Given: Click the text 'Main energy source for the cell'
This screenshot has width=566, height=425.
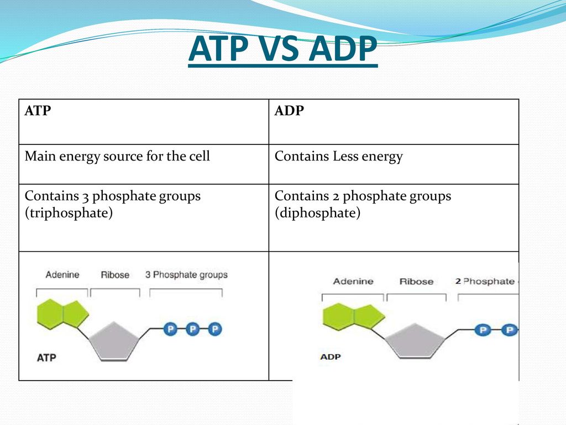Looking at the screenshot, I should point(117,157).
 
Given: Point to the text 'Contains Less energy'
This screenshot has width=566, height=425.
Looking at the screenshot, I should point(338,157).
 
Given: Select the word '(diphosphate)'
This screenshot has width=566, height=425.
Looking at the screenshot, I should point(317,214).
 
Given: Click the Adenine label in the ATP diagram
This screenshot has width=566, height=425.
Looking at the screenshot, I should point(62,274).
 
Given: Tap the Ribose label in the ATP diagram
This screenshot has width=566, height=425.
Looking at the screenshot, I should point(115,275).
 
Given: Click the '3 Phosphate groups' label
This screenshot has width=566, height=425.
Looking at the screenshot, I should point(186,274).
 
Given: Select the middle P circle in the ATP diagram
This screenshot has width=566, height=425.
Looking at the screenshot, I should point(192,330).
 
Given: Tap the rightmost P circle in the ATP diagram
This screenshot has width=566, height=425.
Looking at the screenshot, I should point(214,330).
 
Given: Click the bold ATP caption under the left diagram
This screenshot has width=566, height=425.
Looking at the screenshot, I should point(46,357).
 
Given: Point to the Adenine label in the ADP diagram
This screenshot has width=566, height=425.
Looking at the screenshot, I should point(353,282).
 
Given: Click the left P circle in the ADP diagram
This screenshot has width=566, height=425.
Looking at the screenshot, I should point(483,330).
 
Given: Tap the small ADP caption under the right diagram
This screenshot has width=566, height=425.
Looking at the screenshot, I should point(330,357).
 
